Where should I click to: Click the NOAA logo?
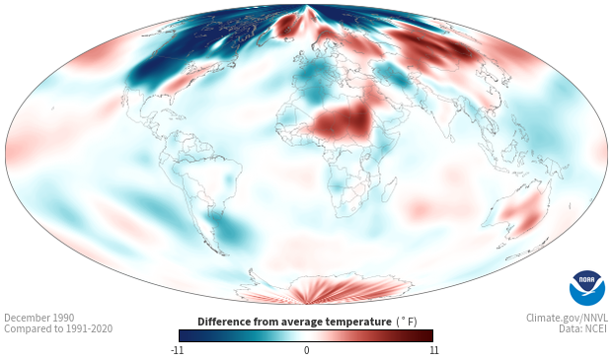(587, 288)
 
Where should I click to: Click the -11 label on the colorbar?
(177, 350)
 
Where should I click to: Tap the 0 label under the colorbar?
(306, 350)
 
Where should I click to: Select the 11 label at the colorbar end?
(434, 350)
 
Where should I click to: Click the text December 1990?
(39, 318)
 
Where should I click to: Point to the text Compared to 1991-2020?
(58, 328)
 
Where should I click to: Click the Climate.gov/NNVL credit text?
(567, 318)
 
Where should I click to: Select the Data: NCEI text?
(583, 328)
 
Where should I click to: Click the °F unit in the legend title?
(407, 323)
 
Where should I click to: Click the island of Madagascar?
(389, 188)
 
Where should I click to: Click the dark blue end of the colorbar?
(188, 335)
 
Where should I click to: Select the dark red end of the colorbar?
(425, 335)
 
